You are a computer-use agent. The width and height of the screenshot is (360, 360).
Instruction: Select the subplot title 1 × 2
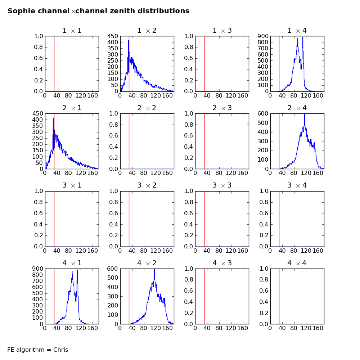pos(147,31)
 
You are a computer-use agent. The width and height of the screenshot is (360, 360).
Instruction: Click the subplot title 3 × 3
pos(222,185)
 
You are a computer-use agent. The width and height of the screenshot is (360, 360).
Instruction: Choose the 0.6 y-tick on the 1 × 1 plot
pos(39,58)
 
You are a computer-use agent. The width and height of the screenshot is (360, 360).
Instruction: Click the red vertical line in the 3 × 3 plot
pos(204,219)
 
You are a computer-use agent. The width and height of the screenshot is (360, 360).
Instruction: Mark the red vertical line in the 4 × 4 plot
pos(279,296)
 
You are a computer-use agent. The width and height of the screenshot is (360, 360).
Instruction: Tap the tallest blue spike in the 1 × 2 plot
pos(129,41)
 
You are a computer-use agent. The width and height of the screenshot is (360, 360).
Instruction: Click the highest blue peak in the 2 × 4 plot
pos(305,115)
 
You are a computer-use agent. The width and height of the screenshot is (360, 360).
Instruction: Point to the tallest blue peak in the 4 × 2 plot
pos(154,270)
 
